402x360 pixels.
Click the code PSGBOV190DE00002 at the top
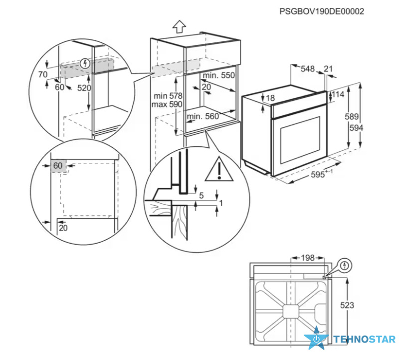click(322, 11)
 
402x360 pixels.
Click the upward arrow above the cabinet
click(179, 26)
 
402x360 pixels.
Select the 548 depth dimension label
click(307, 69)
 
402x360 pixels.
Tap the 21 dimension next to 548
click(328, 69)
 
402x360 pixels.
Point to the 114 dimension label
click(338, 94)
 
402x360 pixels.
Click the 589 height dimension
click(352, 116)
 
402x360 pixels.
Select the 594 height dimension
click(357, 127)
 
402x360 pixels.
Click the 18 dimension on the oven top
click(270, 98)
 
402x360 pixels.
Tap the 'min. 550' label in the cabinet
click(218, 75)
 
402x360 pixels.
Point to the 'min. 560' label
click(203, 116)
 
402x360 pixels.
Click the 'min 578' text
click(168, 96)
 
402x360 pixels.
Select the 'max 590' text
click(167, 104)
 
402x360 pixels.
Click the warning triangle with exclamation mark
click(219, 169)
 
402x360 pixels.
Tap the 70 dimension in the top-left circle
click(43, 74)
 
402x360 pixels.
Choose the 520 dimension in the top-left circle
click(84, 88)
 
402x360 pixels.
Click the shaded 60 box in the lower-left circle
click(58, 166)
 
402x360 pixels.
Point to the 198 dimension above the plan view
click(308, 258)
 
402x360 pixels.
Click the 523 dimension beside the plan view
click(347, 305)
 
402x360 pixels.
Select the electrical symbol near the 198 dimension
click(345, 265)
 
